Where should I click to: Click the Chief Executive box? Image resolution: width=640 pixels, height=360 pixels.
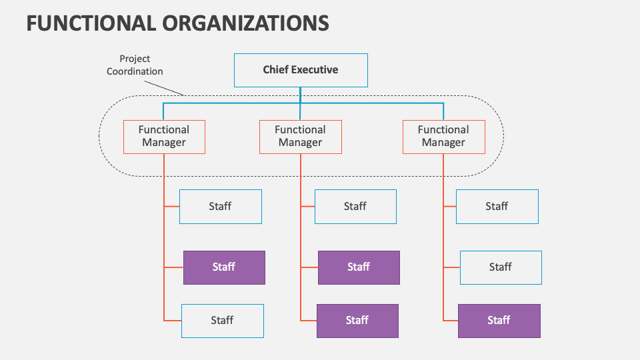click(x=300, y=70)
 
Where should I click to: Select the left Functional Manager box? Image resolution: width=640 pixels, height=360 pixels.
click(x=164, y=137)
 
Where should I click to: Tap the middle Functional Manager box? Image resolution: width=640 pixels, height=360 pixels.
click(x=300, y=137)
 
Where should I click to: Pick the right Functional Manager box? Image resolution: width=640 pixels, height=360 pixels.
click(x=443, y=137)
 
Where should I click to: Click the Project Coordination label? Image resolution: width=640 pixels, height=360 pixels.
click(x=135, y=65)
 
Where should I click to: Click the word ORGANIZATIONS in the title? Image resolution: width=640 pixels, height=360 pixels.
click(x=245, y=23)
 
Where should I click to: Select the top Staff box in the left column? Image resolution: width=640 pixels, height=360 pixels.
click(x=220, y=207)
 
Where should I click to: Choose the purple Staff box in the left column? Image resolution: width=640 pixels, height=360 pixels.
click(x=224, y=267)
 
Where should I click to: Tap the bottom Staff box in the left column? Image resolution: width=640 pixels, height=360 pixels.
click(x=222, y=321)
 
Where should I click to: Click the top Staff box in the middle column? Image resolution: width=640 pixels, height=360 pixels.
click(x=355, y=207)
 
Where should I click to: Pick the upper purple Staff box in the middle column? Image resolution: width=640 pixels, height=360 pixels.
click(x=359, y=267)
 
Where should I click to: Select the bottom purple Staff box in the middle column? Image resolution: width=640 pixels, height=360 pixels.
click(x=357, y=321)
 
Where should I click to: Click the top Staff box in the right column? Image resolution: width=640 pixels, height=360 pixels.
click(x=497, y=207)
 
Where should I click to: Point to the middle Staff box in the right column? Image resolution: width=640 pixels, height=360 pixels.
click(x=501, y=267)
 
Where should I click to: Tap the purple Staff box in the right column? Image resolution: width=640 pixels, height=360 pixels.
click(x=499, y=321)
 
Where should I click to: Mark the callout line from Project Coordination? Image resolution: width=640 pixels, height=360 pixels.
click(x=164, y=86)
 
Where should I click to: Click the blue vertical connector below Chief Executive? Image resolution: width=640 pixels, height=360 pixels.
click(x=300, y=95)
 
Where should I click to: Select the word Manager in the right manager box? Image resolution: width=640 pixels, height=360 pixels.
click(x=443, y=143)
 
